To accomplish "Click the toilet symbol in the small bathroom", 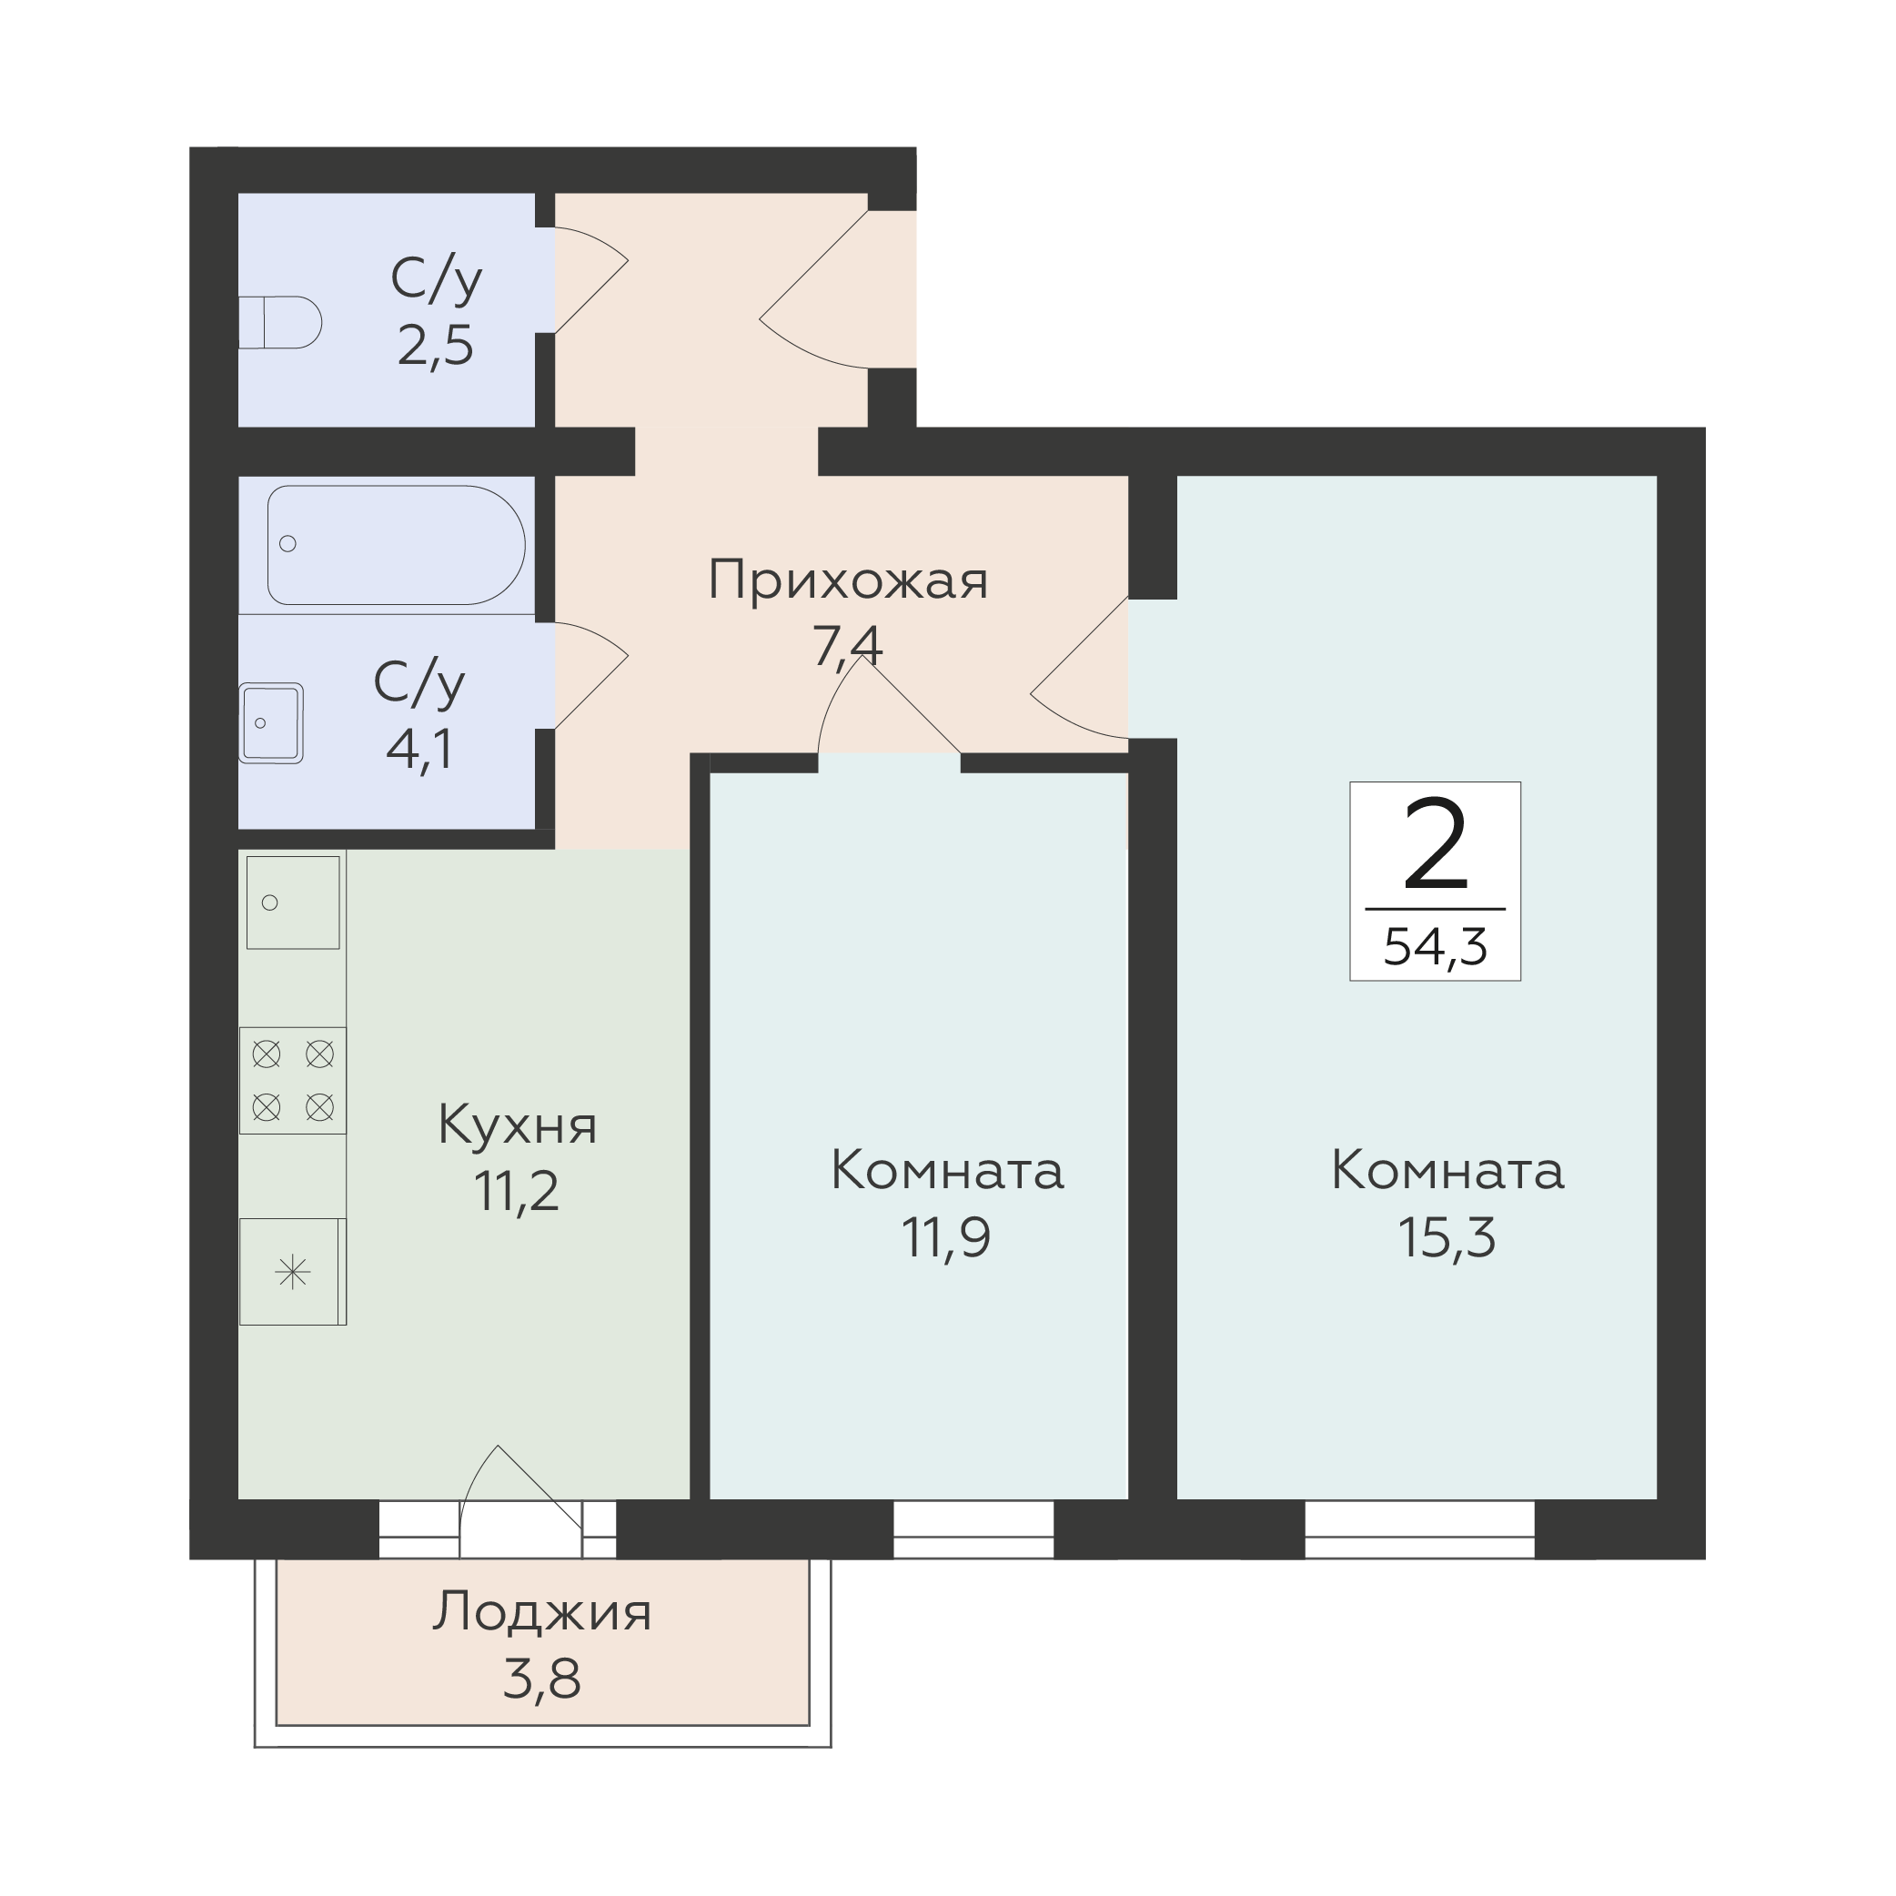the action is tap(281, 322).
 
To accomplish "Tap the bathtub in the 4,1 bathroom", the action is tap(397, 546).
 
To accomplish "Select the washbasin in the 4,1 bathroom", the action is tap(271, 723).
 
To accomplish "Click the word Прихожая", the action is tap(848, 582).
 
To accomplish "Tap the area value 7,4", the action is tap(848, 646).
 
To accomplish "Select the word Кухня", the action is tap(517, 1124).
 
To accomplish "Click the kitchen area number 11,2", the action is tap(517, 1192).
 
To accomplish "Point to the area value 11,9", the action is tap(947, 1237).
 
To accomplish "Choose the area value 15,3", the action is tap(1447, 1237).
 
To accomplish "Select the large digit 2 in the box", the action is tap(1436, 845).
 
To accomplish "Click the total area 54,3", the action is tap(1436, 947).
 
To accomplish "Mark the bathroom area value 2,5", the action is tap(436, 346).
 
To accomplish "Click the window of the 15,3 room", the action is tap(1419, 1529).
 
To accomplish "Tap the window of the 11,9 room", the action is tap(973, 1529).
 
